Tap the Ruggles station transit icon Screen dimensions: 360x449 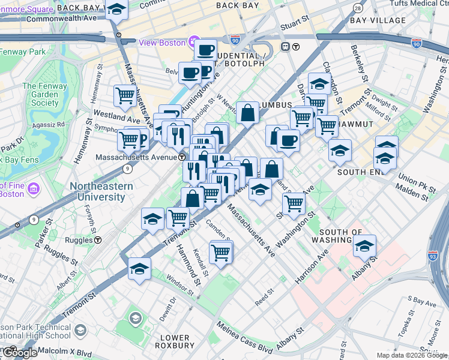pyautogui.click(x=97, y=239)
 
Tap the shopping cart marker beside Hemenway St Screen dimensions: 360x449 pyautogui.click(x=124, y=95)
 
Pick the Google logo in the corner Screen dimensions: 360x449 pyautogui.click(x=19, y=353)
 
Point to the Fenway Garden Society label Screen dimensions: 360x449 pyautogui.click(x=41, y=94)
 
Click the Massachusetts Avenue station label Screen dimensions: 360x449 pyautogui.click(x=136, y=157)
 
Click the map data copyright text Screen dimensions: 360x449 pyautogui.click(x=412, y=356)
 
